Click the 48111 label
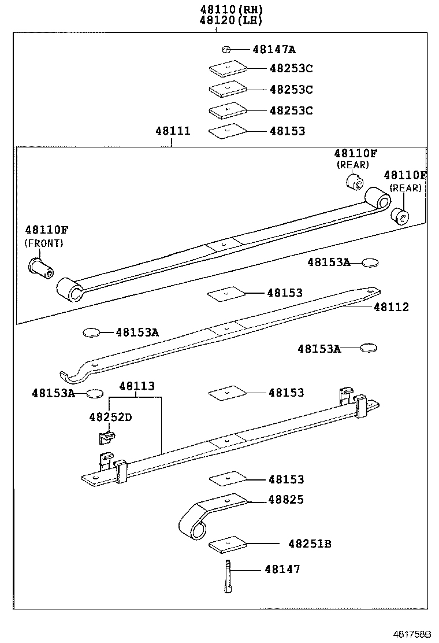(172, 131)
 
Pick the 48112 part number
(391, 307)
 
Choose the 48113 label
(137, 386)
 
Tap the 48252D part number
(110, 417)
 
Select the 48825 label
(286, 500)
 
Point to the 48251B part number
(310, 544)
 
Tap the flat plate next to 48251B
(227, 545)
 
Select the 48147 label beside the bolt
(282, 570)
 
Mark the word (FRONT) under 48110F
(44, 243)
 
